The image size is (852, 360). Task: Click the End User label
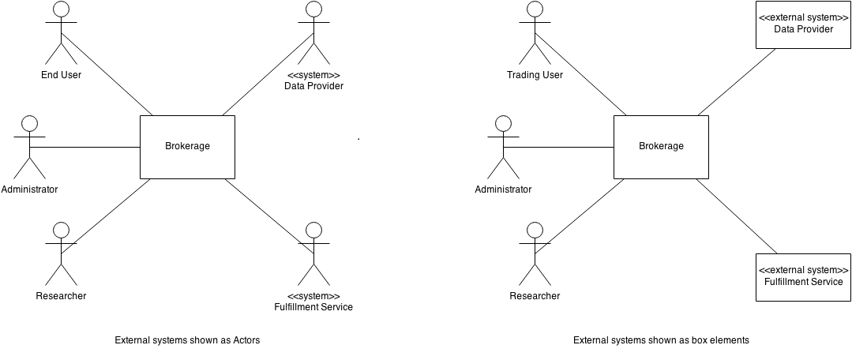pos(61,75)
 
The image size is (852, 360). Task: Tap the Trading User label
pos(535,75)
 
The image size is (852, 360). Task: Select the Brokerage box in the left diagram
pos(187,146)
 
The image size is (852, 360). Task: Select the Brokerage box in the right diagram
pos(661,146)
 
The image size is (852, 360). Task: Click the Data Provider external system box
pos(803,24)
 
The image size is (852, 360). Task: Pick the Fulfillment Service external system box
pos(803,276)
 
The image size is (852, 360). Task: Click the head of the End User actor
pos(61,10)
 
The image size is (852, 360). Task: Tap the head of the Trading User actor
pos(535,10)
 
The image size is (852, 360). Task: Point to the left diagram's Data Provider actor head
pos(313,10)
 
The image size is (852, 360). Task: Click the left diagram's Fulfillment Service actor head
pos(313,230)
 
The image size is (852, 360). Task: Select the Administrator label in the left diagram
pos(29,189)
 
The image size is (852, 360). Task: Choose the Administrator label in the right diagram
pos(503,189)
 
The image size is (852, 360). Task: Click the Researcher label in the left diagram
pos(61,296)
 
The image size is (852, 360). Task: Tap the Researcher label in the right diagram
pos(535,296)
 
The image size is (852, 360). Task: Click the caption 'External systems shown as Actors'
pos(187,340)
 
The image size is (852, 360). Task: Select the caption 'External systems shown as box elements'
pos(661,340)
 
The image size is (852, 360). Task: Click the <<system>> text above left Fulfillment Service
pos(313,296)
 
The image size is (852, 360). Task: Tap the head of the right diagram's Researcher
pos(535,230)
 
